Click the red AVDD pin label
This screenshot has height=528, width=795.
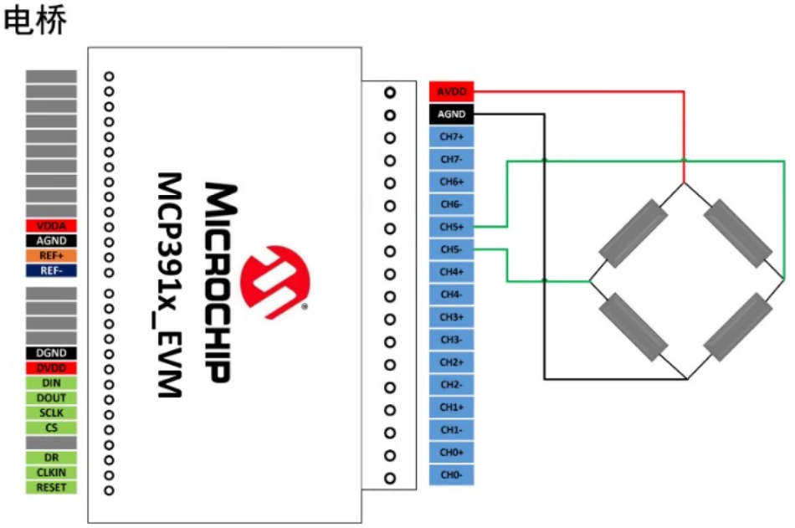pos(453,91)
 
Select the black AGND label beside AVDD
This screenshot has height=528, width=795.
pos(453,114)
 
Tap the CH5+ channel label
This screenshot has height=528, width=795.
pos(453,227)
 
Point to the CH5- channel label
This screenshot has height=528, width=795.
pos(453,249)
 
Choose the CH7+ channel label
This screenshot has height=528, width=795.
pos(453,136)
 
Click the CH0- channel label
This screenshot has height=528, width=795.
pos(453,474)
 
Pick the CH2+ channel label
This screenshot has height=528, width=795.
pos(453,362)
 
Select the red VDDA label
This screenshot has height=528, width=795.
pos(51,226)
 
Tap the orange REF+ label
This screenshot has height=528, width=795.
pos(51,255)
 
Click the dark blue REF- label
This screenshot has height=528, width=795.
pos(51,270)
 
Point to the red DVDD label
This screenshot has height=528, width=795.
pos(51,368)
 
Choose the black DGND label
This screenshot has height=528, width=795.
pos(51,353)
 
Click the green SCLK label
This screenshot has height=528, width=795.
pos(51,413)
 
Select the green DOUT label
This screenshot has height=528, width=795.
pos(51,398)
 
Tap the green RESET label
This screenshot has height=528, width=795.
pos(51,487)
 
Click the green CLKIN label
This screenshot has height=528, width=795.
pos(51,472)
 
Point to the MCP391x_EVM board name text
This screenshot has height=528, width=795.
pos(171,285)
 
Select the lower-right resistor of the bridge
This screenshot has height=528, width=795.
pos(736,326)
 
